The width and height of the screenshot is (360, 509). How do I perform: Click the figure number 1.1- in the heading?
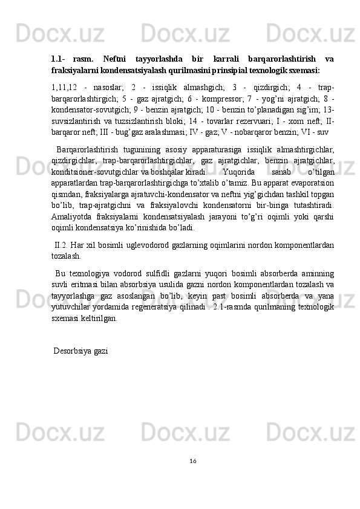click(x=58, y=59)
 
